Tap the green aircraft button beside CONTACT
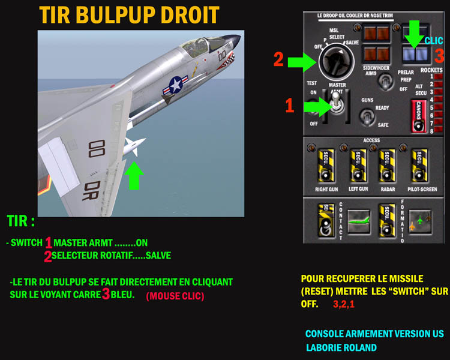358,220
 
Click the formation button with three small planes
419,221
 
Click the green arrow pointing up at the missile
136,175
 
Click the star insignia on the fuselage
176,84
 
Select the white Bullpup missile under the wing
133,146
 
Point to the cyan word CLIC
433,41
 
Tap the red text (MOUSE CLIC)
175,296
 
